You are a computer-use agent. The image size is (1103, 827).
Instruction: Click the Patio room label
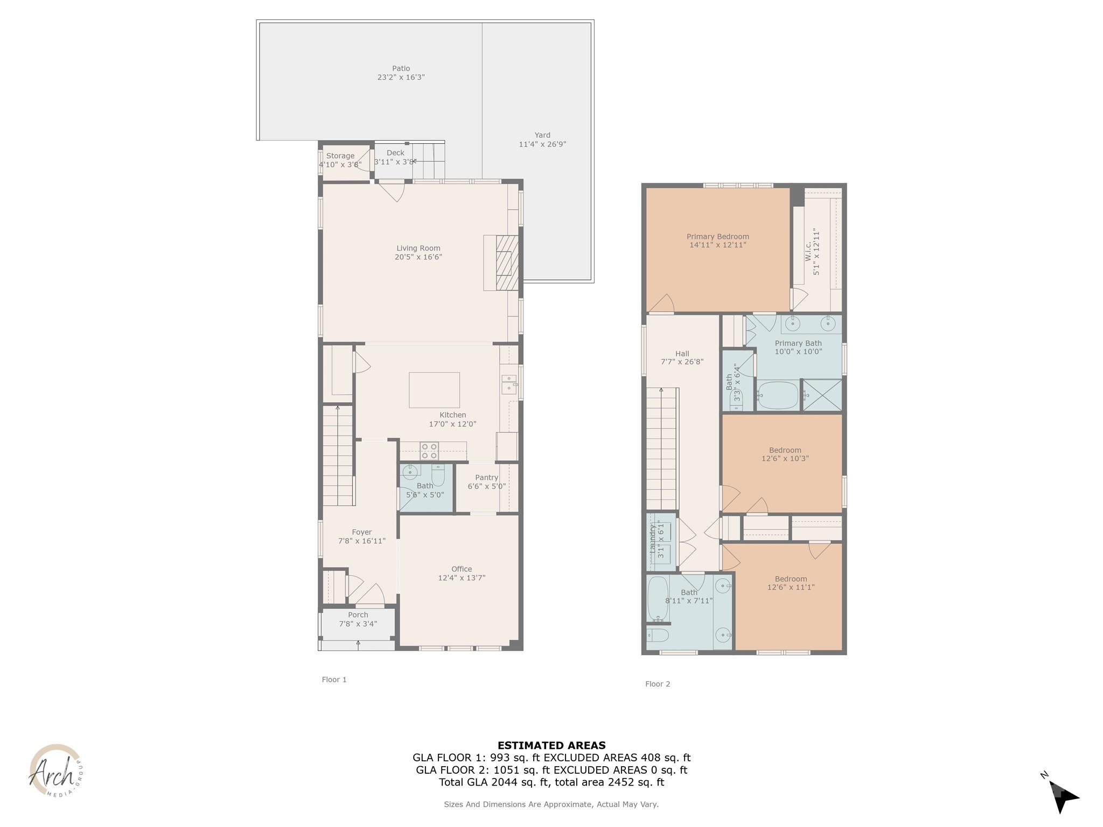(x=401, y=68)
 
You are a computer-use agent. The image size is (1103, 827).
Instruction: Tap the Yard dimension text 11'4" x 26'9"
(x=542, y=144)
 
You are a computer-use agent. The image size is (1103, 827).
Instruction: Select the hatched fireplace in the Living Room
(x=506, y=263)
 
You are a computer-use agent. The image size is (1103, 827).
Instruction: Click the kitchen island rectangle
(x=434, y=390)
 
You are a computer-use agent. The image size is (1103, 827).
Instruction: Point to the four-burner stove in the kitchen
(x=429, y=451)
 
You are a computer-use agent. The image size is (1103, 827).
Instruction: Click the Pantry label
(x=486, y=478)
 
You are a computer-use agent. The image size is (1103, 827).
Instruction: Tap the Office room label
(x=462, y=569)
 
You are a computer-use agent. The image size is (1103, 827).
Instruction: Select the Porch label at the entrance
(x=358, y=615)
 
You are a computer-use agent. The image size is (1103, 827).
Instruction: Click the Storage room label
(x=340, y=156)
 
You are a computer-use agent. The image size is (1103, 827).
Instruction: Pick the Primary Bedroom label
(x=717, y=236)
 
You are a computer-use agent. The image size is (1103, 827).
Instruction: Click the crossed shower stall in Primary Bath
(x=822, y=395)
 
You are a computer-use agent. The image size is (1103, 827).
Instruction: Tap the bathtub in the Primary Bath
(x=778, y=396)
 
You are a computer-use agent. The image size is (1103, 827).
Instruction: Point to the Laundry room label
(x=653, y=540)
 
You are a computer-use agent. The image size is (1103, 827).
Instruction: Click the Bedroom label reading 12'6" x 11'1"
(x=791, y=587)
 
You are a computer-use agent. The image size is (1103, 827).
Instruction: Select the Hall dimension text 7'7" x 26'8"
(x=682, y=362)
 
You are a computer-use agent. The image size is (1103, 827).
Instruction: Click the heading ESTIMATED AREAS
(x=551, y=746)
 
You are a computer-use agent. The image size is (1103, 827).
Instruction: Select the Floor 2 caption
(x=658, y=684)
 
